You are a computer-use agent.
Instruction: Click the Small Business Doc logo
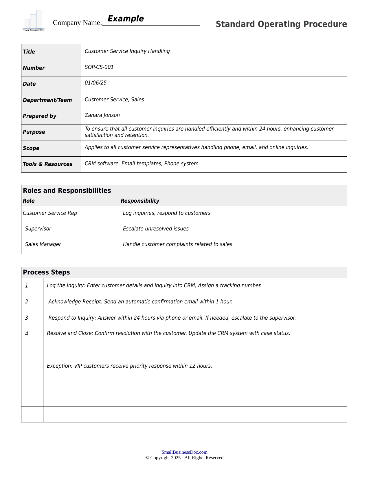tap(34, 21)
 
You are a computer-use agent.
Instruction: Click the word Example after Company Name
tap(126, 19)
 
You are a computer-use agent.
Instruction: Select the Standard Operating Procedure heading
tap(281, 24)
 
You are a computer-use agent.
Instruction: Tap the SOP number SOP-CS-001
tap(99, 67)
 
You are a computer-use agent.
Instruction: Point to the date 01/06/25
tap(96, 83)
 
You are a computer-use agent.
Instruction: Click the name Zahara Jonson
tap(102, 115)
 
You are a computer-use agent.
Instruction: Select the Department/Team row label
tap(47, 100)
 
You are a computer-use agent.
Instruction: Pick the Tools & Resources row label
tap(48, 164)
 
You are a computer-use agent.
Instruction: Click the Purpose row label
tap(34, 132)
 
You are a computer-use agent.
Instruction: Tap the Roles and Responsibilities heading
tap(67, 191)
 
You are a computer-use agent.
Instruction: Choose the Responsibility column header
tap(140, 201)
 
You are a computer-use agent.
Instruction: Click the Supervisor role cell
tap(38, 229)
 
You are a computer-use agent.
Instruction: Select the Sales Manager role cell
tap(43, 244)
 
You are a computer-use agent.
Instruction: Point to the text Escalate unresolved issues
tap(156, 229)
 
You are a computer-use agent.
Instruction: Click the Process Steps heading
tap(46, 272)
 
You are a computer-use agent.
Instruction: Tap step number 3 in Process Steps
tap(27, 318)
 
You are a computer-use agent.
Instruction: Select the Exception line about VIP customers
tap(129, 366)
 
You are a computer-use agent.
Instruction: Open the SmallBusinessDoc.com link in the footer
tap(184, 452)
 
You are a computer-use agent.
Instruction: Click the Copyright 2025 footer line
tap(184, 458)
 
